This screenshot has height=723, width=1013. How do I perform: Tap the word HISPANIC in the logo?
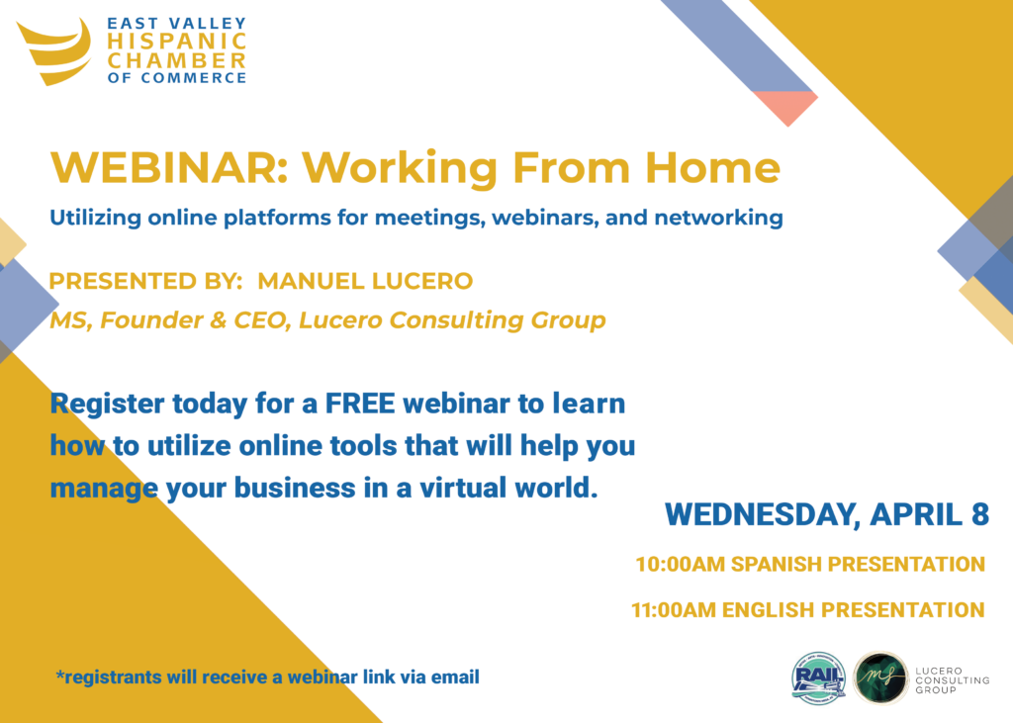point(177,42)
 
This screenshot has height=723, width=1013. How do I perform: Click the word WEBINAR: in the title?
point(169,167)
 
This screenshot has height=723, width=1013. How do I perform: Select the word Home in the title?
point(712,167)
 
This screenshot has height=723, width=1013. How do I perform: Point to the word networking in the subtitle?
point(718,218)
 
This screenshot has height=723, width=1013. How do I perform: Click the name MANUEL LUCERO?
point(365,281)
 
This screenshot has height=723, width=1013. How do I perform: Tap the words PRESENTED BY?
point(146,281)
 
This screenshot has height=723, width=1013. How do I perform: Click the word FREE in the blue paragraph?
point(360,404)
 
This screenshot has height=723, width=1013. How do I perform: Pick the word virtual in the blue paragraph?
point(463,488)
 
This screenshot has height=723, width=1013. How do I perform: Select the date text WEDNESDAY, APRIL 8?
point(827,515)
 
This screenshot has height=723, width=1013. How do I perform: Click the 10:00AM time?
point(681,564)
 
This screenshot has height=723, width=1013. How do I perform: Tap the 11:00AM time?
point(676,610)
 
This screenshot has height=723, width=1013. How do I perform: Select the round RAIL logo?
point(819,678)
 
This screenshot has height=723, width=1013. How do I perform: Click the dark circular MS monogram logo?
point(879,678)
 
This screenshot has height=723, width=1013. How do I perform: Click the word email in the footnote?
point(455,678)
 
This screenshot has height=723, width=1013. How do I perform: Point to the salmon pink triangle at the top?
point(786,105)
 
